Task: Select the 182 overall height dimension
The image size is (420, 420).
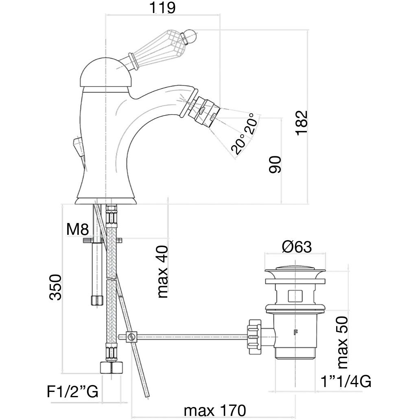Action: point(302,122)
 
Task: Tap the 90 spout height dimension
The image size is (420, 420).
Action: point(275,164)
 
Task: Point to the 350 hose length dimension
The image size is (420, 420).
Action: point(55,287)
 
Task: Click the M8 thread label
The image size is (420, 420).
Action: point(77,230)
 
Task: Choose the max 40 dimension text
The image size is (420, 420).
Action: point(162,271)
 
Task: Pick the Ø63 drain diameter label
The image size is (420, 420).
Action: point(296,247)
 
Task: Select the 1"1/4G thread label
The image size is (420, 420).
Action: point(346,381)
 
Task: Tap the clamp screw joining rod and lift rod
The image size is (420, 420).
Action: point(131,337)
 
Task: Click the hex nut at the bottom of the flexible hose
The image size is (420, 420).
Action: point(111,367)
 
